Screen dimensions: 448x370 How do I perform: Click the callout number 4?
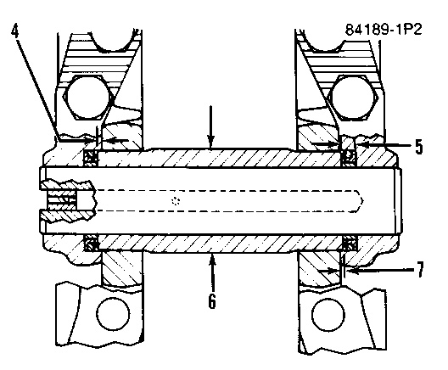[x=15, y=31]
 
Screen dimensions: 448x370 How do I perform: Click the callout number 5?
[x=418, y=147]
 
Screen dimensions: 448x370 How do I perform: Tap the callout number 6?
[x=211, y=300]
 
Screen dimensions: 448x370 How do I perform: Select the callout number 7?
[x=419, y=269]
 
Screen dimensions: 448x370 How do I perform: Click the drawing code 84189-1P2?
[x=384, y=30]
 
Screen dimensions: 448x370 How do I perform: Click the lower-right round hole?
[x=328, y=315]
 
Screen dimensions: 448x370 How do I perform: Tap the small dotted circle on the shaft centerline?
[x=176, y=201]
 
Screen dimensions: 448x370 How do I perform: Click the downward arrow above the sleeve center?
[x=211, y=127]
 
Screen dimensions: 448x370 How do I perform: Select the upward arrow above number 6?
[x=212, y=272]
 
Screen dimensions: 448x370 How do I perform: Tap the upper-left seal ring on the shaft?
[x=91, y=158]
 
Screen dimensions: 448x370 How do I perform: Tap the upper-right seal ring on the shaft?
[x=349, y=157]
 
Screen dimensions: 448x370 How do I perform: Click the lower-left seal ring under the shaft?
[x=91, y=244]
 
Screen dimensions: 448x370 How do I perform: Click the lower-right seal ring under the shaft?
[x=350, y=244]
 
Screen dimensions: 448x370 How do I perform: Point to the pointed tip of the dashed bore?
[x=363, y=201]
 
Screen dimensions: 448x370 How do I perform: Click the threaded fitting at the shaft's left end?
[x=67, y=201]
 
